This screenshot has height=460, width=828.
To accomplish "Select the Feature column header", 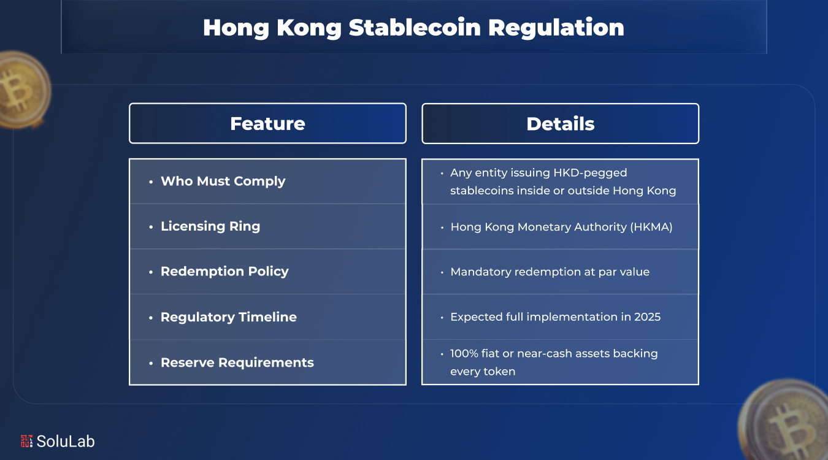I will pyautogui.click(x=267, y=123).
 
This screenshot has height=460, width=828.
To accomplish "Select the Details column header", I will pyautogui.click(x=560, y=123).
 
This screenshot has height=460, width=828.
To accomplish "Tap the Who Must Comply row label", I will pyautogui.click(x=223, y=181).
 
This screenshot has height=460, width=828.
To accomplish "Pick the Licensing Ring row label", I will pyautogui.click(x=210, y=226).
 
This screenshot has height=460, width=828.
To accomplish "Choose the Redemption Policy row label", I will pyautogui.click(x=224, y=271).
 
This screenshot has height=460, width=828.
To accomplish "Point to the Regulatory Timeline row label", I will pyautogui.click(x=228, y=317).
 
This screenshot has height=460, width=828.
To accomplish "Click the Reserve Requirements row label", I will pyautogui.click(x=237, y=362).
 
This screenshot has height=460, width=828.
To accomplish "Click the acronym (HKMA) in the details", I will pyautogui.click(x=651, y=227).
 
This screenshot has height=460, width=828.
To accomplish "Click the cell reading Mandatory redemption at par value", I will pyautogui.click(x=550, y=272).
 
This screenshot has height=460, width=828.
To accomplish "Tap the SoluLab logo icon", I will pyautogui.click(x=26, y=440).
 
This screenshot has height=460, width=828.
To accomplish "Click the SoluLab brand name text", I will pyautogui.click(x=66, y=441).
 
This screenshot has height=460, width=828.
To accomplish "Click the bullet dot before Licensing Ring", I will pyautogui.click(x=151, y=227).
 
